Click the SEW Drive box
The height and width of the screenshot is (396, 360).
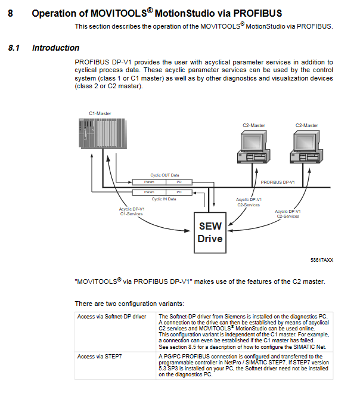click(x=210, y=233)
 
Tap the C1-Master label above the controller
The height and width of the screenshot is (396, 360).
click(x=100, y=113)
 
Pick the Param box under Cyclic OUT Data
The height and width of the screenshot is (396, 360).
click(x=149, y=181)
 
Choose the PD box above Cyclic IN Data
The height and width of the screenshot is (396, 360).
click(x=179, y=192)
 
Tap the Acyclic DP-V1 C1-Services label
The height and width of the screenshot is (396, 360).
click(x=132, y=211)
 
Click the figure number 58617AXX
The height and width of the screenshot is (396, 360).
click(x=322, y=261)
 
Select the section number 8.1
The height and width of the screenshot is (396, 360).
click(x=14, y=48)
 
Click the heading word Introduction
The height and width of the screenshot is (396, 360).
click(x=55, y=48)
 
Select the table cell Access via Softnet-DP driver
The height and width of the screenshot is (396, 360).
click(x=111, y=316)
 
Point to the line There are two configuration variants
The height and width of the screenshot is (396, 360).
click(x=125, y=304)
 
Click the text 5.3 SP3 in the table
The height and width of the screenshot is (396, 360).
click(x=170, y=369)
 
